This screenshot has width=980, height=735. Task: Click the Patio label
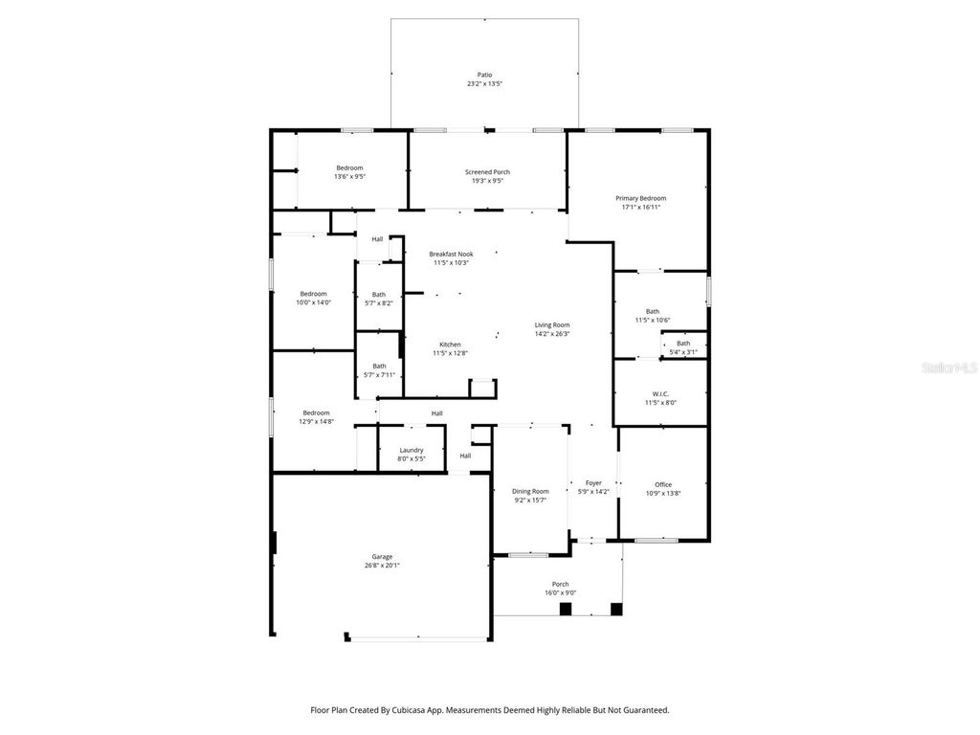(484, 75)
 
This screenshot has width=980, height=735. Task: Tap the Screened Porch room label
(487, 172)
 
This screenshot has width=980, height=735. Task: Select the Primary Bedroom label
(640, 198)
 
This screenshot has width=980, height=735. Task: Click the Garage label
(382, 557)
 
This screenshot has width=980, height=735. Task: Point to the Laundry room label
(412, 450)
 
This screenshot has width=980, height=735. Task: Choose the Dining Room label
(530, 491)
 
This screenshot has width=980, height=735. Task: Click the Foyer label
(593, 483)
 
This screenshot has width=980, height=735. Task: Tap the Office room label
(663, 484)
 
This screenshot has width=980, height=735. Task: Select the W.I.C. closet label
(660, 393)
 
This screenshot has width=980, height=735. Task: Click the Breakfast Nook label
(451, 254)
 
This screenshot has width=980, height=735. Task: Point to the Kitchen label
(450, 345)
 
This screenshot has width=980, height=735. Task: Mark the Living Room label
(552, 325)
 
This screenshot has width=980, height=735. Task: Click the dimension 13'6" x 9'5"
(349, 177)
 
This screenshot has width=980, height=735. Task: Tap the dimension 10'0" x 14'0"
(313, 302)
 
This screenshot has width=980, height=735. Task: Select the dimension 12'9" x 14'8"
(316, 421)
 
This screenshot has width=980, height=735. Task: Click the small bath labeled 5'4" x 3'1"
(682, 352)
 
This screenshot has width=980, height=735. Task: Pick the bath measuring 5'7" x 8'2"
(379, 303)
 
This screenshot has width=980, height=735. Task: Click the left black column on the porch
(566, 609)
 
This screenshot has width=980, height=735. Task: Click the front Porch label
(560, 584)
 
